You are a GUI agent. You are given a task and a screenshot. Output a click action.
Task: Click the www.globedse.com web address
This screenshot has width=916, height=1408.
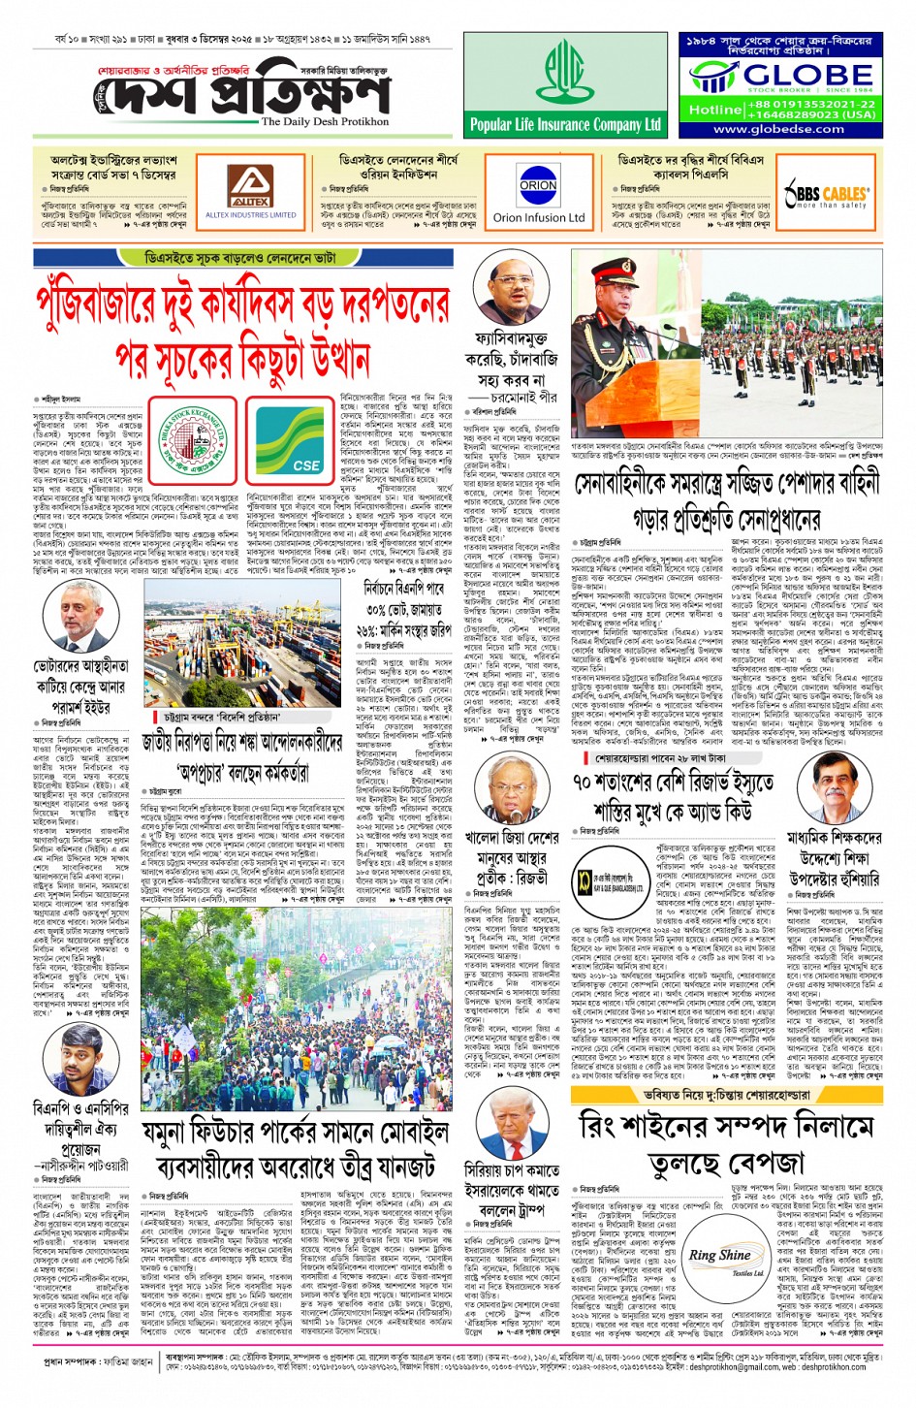pyautogui.click(x=778, y=129)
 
